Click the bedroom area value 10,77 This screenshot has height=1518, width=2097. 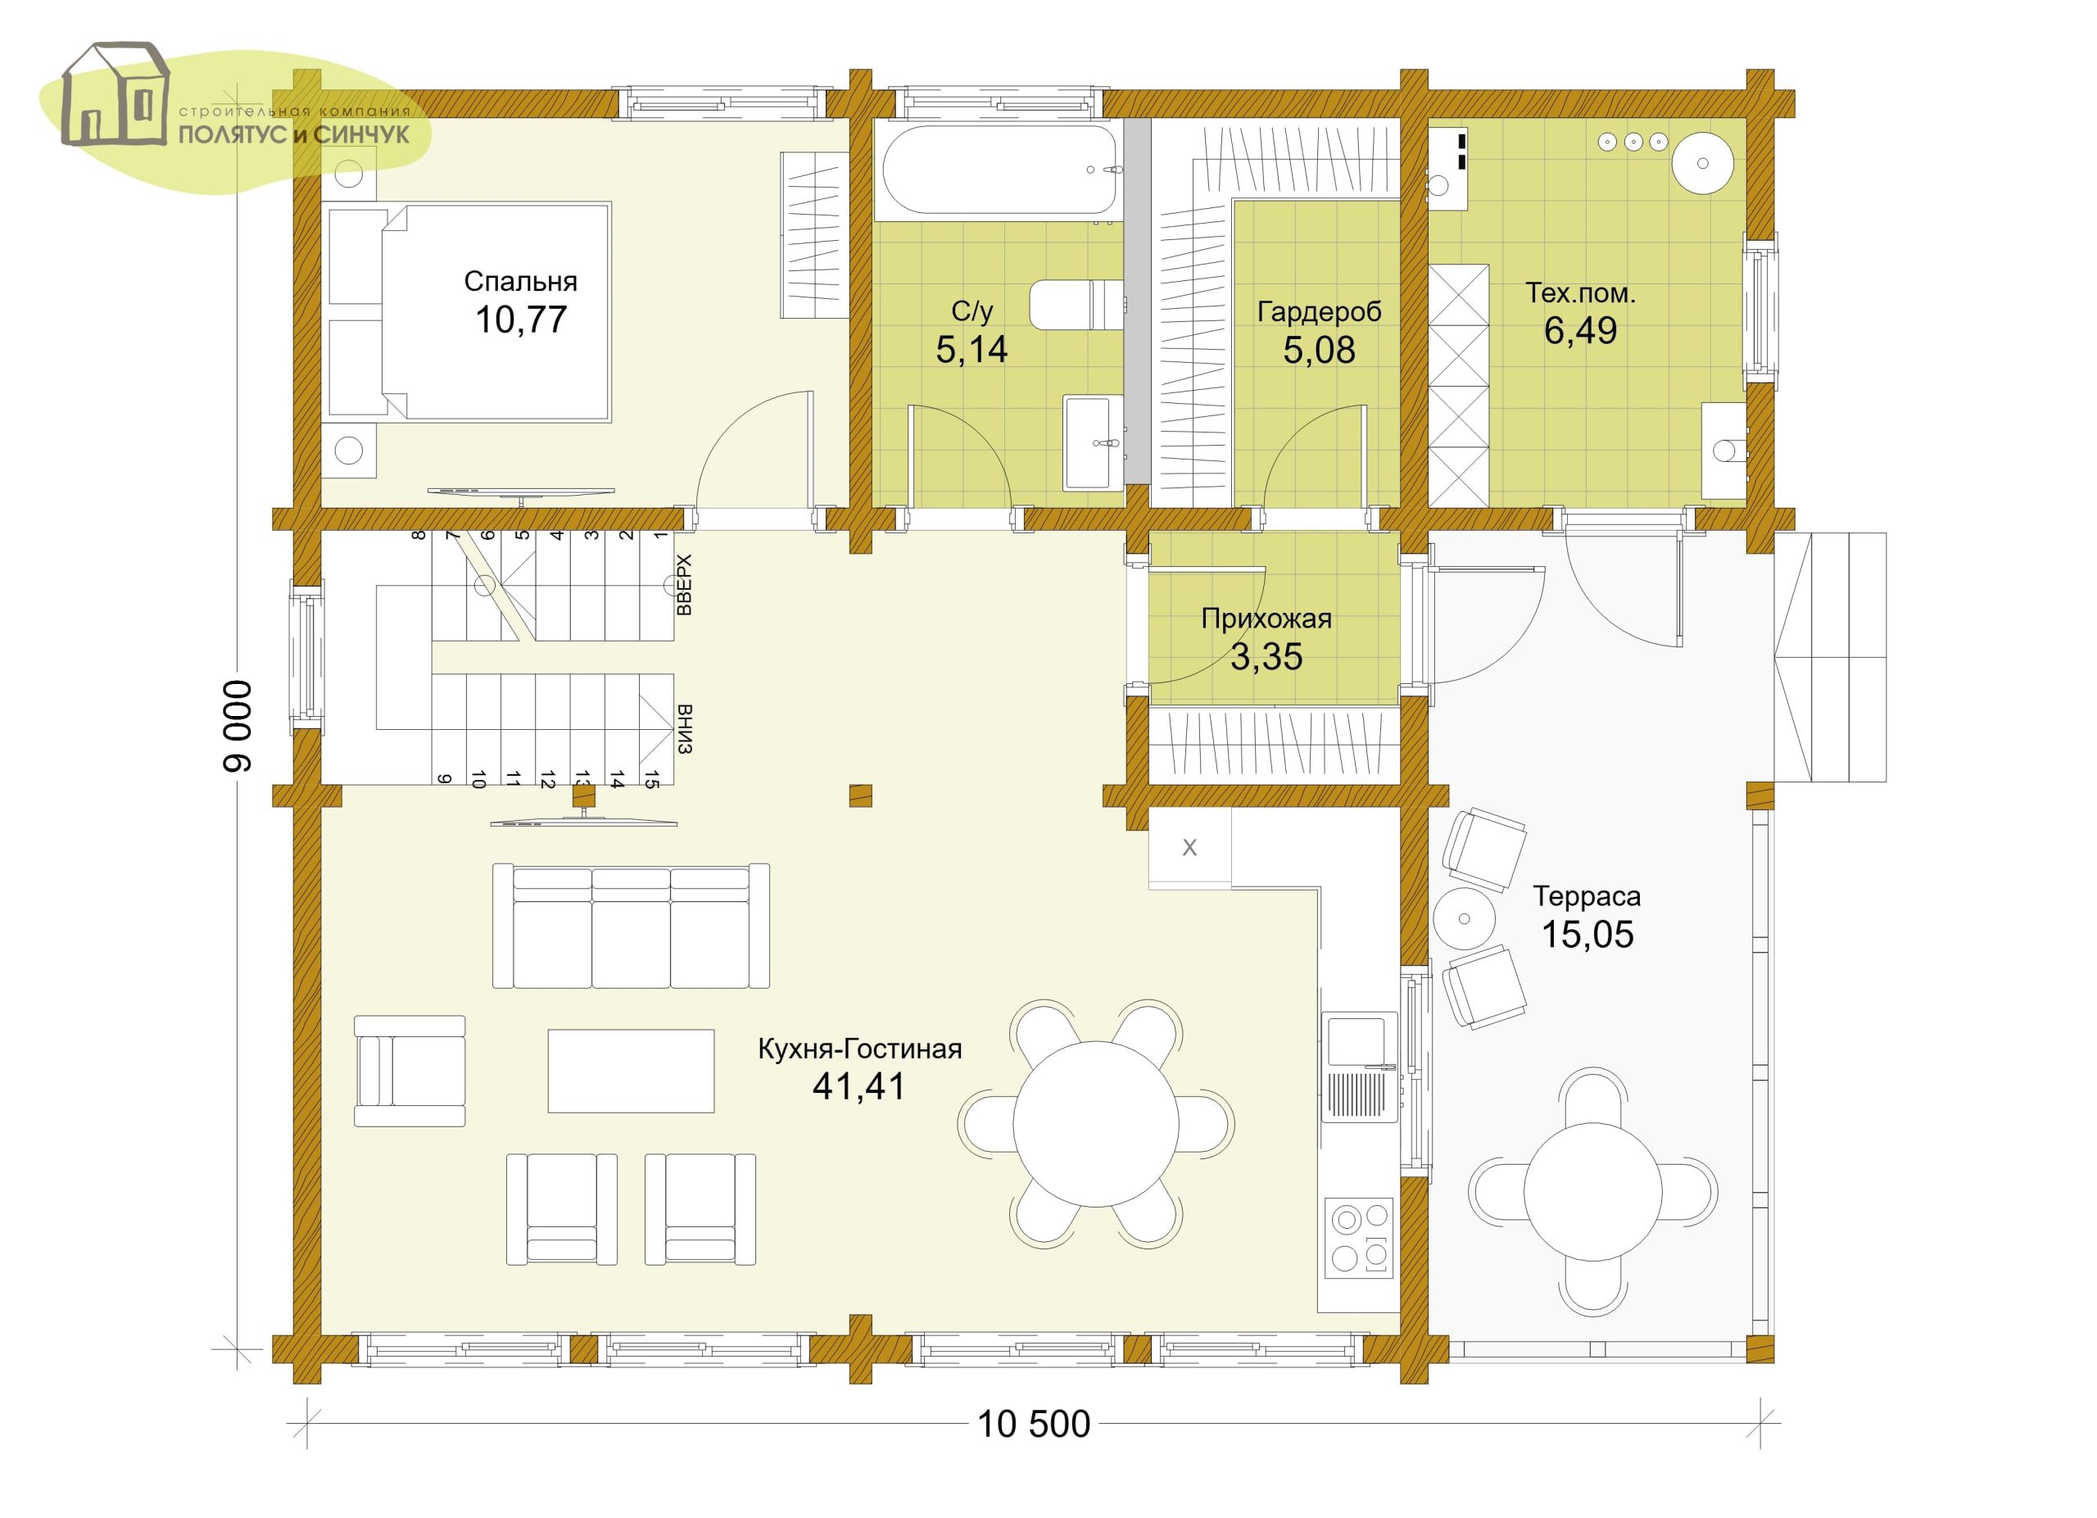click(520, 319)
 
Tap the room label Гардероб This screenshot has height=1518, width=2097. click(1319, 312)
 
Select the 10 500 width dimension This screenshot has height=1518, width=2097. click(1034, 1425)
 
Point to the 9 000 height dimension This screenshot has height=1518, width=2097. click(237, 726)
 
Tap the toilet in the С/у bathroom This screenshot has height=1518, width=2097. click(1076, 304)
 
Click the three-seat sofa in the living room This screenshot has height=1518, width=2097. click(631, 926)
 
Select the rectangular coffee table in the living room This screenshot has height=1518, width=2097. click(631, 1071)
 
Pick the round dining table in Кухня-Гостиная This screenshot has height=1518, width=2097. click(1096, 1123)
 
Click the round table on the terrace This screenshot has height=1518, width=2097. click(1592, 1191)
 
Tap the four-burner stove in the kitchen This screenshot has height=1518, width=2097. click(1359, 1238)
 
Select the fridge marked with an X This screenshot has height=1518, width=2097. click(1189, 848)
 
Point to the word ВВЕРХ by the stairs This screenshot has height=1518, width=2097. click(684, 585)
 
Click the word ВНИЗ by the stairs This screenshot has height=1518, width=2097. click(684, 729)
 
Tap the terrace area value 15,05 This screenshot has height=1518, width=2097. click(1587, 935)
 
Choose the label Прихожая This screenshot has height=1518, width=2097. click(1266, 619)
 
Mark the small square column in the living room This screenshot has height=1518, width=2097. click(860, 795)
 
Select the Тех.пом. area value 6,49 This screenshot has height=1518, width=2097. click(1580, 330)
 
